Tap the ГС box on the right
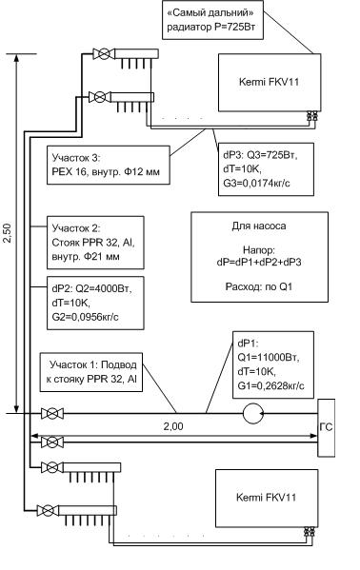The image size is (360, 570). (326, 427)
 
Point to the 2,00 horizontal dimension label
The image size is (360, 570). (173, 426)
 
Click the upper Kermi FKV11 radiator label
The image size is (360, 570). (269, 82)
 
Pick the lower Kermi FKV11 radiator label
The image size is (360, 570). (266, 497)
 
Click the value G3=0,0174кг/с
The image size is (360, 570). (256, 184)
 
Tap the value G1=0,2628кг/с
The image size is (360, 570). (270, 385)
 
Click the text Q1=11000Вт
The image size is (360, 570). (268, 358)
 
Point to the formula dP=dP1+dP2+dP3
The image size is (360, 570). (259, 262)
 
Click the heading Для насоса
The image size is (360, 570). (259, 226)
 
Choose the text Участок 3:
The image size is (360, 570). (75, 158)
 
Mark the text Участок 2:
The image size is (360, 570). (75, 228)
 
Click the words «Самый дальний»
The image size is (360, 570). (210, 13)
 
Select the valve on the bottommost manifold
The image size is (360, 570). (48, 510)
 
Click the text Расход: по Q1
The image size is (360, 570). (259, 286)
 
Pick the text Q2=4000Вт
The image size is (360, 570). (104, 289)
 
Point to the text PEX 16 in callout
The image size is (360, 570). (68, 171)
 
